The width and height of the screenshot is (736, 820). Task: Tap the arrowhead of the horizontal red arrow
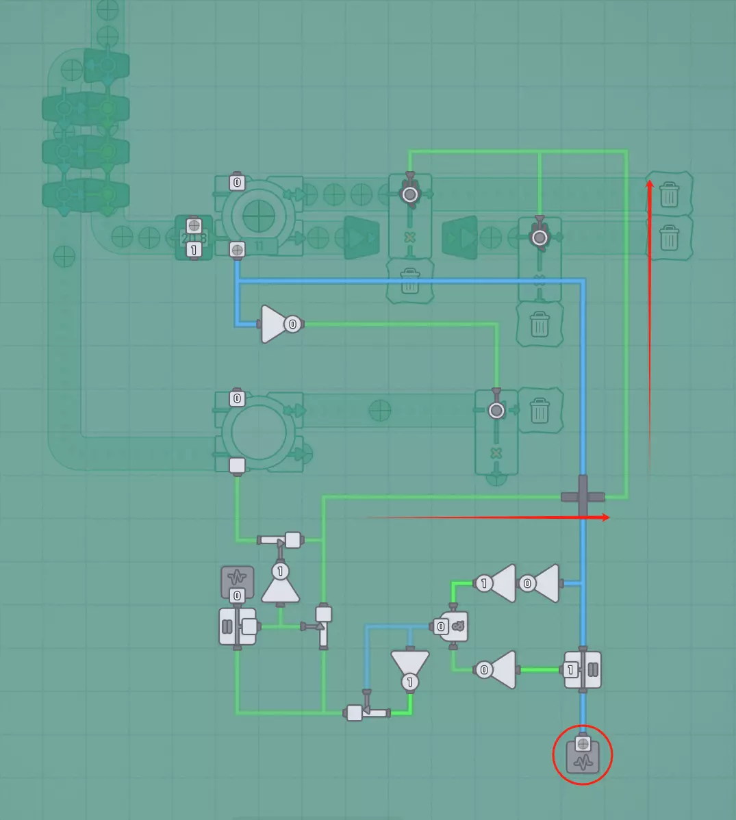607,517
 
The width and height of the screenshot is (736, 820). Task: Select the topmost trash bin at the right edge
669,194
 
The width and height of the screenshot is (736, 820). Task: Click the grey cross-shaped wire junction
583,496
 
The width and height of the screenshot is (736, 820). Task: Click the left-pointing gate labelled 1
496,583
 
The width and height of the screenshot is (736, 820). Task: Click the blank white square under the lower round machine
237,466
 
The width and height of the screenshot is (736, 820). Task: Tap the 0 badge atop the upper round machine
237,182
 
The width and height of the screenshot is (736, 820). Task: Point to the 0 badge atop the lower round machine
237,398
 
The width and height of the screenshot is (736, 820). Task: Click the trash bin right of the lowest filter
540,410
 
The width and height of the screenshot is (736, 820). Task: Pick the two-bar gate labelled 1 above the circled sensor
583,669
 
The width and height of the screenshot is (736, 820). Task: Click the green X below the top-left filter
410,237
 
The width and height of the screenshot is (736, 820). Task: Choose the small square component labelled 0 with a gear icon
451,626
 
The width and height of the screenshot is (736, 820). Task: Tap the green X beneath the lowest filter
496,453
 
